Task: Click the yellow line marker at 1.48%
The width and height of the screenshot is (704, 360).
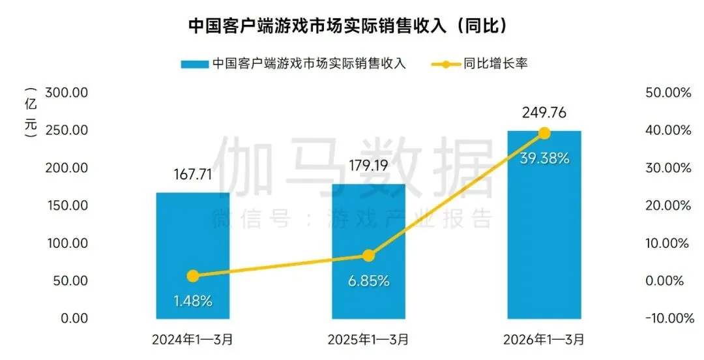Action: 192,276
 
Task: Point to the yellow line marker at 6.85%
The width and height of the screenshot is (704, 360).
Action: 368,256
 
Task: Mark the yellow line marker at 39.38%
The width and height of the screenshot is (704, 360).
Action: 544,133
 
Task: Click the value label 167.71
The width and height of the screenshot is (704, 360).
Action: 192,175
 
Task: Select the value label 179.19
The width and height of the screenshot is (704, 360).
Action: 368,167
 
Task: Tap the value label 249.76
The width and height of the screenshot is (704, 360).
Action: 544,113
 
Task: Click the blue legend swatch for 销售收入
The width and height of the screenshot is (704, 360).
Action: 194,64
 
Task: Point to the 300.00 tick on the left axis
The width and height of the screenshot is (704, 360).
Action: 67,93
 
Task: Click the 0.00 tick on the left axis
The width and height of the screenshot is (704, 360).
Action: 73,318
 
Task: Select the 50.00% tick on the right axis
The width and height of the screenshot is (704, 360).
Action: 667,93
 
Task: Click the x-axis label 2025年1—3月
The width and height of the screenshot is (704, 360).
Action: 368,339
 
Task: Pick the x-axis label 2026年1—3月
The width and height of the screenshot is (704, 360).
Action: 544,339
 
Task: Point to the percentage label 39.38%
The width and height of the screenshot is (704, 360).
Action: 544,158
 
